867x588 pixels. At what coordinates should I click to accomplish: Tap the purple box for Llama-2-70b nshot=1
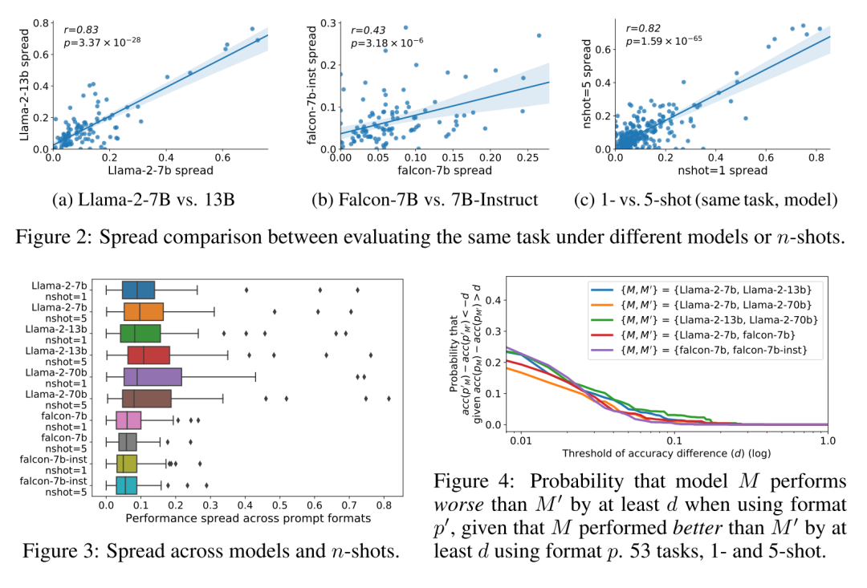[153, 378]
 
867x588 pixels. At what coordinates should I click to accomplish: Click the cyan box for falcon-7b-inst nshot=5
[126, 485]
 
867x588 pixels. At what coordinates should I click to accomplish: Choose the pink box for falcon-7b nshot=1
[128, 420]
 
